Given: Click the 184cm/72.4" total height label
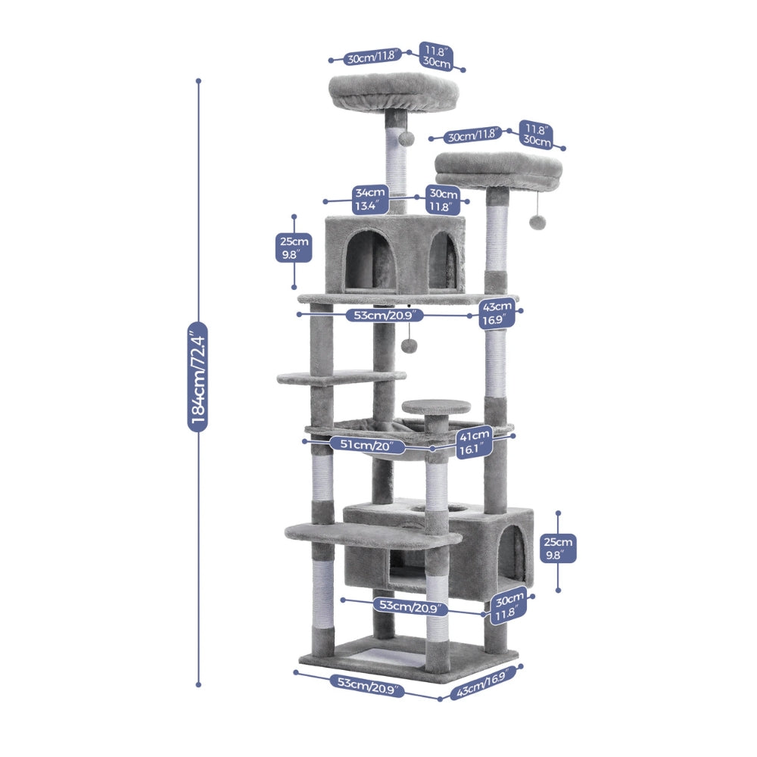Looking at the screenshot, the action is tap(198, 376).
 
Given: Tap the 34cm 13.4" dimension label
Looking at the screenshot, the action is tap(370, 199).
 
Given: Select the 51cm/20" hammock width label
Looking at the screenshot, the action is tap(367, 444).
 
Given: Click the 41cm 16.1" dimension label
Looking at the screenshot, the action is tap(474, 443).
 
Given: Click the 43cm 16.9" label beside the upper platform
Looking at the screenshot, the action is tap(497, 313).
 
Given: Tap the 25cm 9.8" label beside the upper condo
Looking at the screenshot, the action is tap(294, 248).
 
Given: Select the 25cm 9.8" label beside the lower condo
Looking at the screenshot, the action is tap(558, 548).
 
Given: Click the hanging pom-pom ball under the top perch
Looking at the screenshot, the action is tap(406, 139).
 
